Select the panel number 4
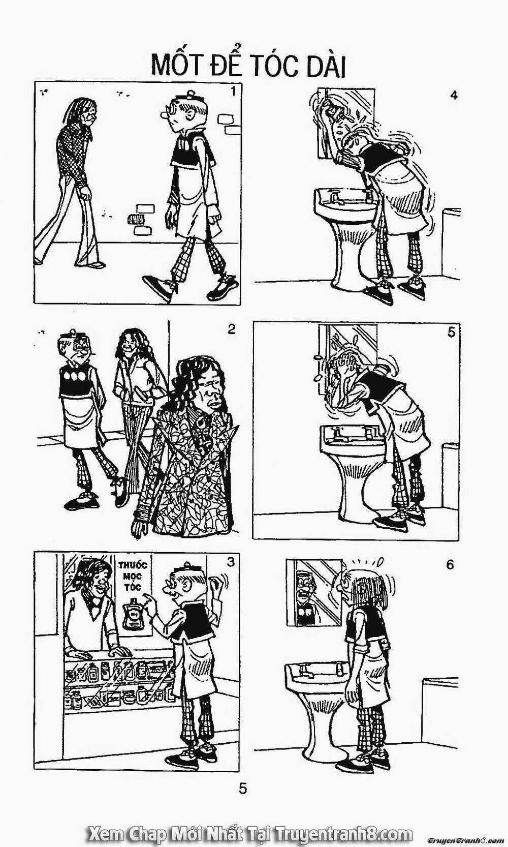click(454, 95)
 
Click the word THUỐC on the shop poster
click(132, 566)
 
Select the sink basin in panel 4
click(345, 200)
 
